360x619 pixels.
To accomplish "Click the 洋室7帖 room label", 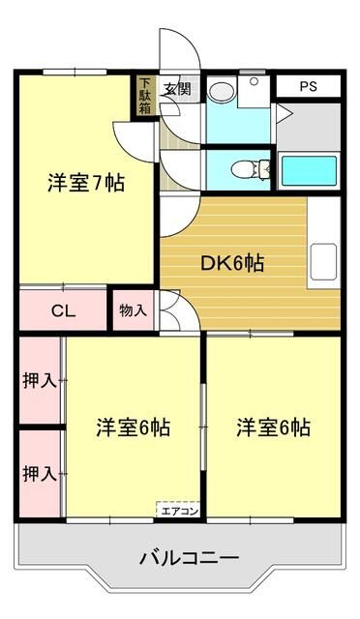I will click(x=86, y=183).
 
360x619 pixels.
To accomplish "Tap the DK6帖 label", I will click(x=233, y=261).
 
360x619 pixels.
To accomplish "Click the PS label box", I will click(x=308, y=86).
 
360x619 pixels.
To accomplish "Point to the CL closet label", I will click(x=64, y=310).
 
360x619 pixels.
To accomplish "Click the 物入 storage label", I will click(x=134, y=310).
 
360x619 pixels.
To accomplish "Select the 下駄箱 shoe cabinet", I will click(x=144, y=96).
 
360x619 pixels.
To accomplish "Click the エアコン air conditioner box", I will click(x=179, y=510).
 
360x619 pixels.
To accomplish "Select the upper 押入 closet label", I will click(x=40, y=381).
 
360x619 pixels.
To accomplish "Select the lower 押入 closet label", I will click(x=40, y=473).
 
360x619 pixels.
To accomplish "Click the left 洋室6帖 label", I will click(x=133, y=427).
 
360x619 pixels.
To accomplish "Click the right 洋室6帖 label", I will click(x=274, y=427).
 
